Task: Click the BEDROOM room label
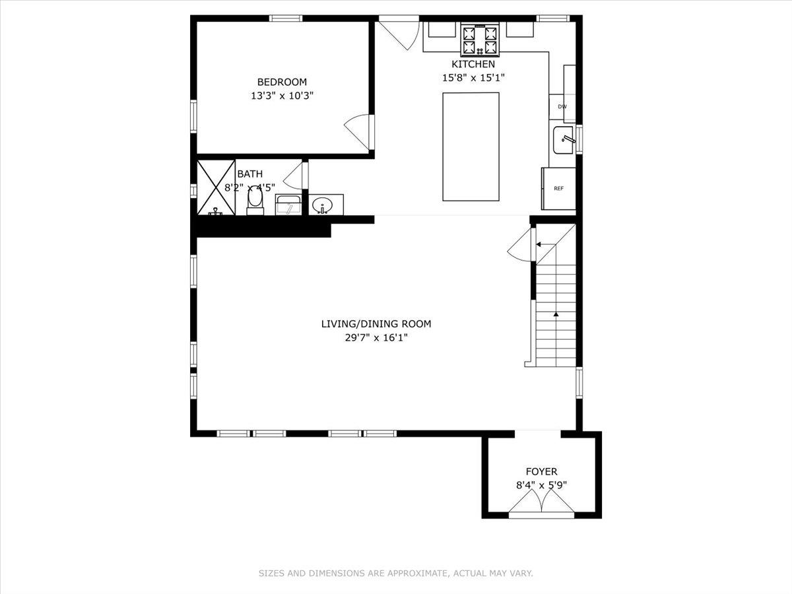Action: click(282, 82)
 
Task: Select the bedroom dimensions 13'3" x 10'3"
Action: click(282, 95)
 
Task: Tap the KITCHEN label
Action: click(473, 64)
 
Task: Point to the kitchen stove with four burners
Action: click(480, 40)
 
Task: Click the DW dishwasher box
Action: click(562, 106)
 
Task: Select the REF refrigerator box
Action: click(558, 189)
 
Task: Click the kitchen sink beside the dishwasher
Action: click(563, 139)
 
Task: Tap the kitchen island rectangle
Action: click(471, 147)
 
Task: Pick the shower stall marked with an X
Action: click(216, 187)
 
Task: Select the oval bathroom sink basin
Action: click(322, 205)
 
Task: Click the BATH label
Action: click(249, 174)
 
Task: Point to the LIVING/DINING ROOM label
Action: click(376, 323)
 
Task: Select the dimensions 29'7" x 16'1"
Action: click(376, 338)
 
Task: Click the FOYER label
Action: click(541, 471)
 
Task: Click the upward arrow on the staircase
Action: click(556, 315)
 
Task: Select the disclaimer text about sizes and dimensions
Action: click(395, 574)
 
